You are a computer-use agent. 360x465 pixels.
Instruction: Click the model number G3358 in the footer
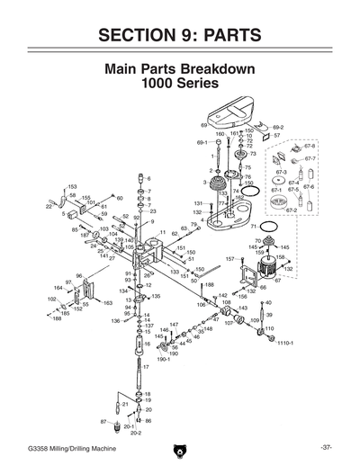click(x=40, y=447)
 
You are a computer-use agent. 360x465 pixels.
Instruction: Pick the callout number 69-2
click(x=277, y=128)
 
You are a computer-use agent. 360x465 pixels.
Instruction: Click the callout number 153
click(x=71, y=185)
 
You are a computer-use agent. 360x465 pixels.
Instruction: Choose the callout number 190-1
click(x=163, y=360)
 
